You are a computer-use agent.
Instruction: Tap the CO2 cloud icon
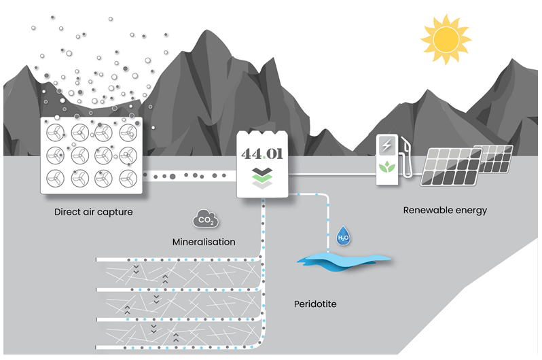tap(205, 220)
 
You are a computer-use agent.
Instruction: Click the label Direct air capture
tap(93, 212)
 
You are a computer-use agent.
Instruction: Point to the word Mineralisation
tap(204, 242)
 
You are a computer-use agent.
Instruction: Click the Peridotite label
tap(315, 304)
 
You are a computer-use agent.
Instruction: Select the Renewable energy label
tap(445, 210)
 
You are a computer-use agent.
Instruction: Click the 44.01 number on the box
tap(262, 153)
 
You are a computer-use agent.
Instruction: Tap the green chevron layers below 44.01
tap(262, 177)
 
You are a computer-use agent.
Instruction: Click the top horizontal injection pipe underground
tap(177, 260)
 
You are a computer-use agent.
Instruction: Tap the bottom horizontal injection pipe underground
tap(177, 348)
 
